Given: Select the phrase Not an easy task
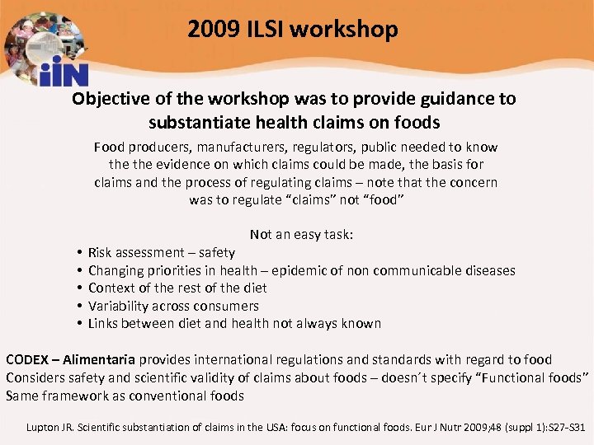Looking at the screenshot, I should pyautogui.click(x=301, y=235).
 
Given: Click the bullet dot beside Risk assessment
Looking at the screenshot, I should pyautogui.click(x=75, y=253).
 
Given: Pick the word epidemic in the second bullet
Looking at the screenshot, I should pyautogui.click(x=317, y=270).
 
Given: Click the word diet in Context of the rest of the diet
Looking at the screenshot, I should pyautogui.click(x=252, y=288).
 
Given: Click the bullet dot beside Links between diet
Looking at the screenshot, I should pyautogui.click(x=75, y=324).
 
